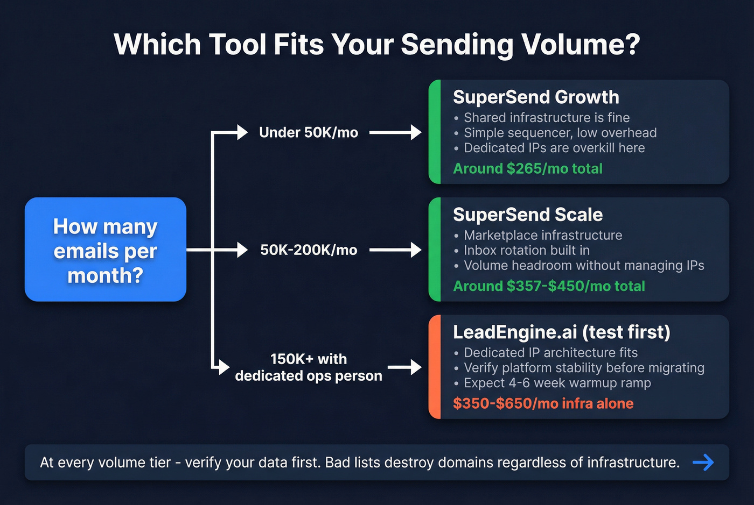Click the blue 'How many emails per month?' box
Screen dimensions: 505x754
tap(106, 250)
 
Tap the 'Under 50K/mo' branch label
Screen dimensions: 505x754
tap(308, 132)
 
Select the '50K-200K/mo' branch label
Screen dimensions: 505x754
tap(308, 250)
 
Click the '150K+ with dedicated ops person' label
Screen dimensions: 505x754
tap(308, 367)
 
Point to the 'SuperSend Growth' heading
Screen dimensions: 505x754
tap(536, 97)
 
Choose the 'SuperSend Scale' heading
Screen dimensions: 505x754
tap(528, 215)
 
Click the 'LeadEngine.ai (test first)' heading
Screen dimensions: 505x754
tap(561, 332)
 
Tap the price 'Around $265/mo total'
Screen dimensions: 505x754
tap(528, 169)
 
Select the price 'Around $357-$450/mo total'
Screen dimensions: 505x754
tap(549, 286)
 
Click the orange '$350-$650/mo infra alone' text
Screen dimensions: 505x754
tap(543, 403)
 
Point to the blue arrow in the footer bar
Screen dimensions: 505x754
tap(703, 462)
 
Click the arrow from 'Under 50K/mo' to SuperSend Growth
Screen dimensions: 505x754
tap(395, 132)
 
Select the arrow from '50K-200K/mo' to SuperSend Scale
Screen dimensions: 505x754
tap(395, 250)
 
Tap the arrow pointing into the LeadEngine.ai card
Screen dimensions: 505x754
tap(404, 367)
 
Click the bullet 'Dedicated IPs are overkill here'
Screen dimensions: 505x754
tap(554, 148)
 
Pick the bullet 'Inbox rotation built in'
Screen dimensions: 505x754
tap(526, 251)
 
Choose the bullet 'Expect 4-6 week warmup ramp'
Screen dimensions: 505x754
tap(557, 383)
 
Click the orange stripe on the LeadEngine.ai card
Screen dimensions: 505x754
tap(435, 367)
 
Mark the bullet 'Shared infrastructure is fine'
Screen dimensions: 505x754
tap(546, 118)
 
